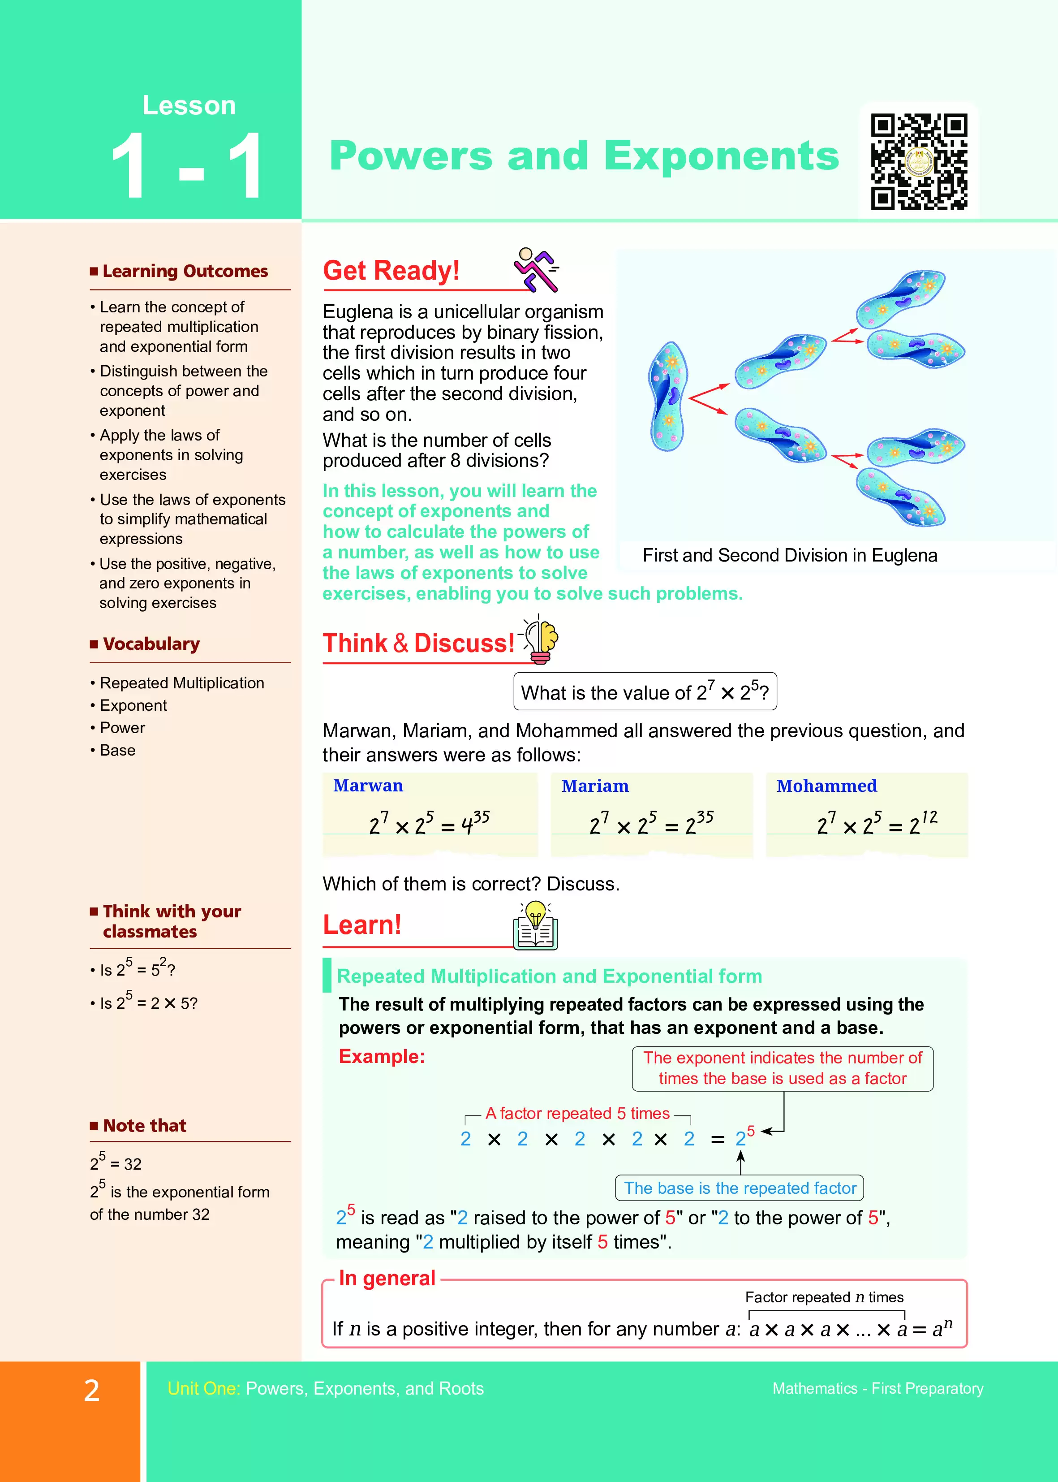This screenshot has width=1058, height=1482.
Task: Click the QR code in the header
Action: [919, 162]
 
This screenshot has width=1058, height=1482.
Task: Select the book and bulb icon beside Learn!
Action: [536, 926]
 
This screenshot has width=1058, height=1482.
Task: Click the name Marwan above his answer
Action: [368, 786]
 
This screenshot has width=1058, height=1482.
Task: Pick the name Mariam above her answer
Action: [595, 786]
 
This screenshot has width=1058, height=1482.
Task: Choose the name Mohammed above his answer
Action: [826, 786]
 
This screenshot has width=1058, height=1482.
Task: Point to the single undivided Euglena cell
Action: [668, 396]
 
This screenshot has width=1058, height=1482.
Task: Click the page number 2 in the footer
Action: [92, 1390]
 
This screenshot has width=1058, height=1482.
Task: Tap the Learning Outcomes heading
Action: [185, 271]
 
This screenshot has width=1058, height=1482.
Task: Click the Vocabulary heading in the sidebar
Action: [151, 644]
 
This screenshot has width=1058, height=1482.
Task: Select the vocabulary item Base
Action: [117, 750]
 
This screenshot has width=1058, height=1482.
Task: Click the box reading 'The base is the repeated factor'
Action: [740, 1188]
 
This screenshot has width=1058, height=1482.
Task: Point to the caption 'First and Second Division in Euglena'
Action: [790, 555]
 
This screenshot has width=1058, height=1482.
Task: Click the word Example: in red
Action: [382, 1056]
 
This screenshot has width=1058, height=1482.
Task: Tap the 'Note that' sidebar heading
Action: [144, 1126]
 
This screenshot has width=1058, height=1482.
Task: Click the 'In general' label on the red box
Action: [387, 1279]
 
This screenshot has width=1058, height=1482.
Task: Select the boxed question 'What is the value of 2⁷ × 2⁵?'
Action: [645, 691]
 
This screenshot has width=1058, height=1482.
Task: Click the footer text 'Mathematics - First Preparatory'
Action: [877, 1389]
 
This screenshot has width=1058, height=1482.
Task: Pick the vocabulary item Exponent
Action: [133, 706]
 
